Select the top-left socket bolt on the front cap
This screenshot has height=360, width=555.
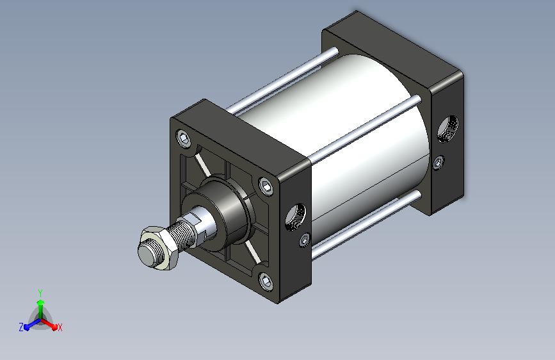point(184,138)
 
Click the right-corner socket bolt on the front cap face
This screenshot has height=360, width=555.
point(266,186)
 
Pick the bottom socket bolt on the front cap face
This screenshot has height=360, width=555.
point(266,282)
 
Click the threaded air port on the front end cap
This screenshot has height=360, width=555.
point(296,217)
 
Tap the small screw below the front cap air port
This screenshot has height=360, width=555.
point(305,240)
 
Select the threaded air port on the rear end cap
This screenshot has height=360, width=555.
point(447,129)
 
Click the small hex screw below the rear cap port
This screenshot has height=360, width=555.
point(438,163)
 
